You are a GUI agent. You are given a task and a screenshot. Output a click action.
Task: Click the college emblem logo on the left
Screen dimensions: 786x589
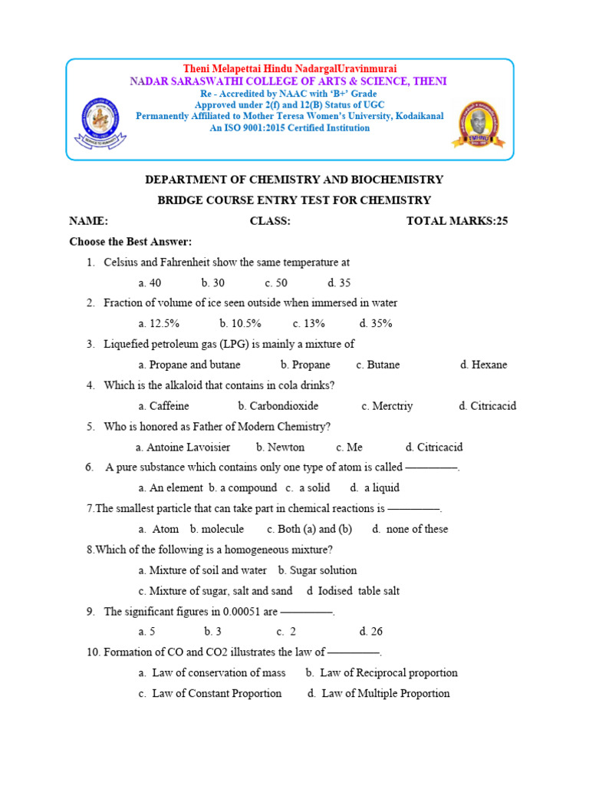[100, 122]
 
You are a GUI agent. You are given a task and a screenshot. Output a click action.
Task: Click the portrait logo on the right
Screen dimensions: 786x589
[482, 123]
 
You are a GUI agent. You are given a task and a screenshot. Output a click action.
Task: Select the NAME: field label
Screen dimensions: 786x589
[89, 221]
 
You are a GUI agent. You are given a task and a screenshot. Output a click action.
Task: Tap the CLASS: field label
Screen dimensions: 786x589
[270, 221]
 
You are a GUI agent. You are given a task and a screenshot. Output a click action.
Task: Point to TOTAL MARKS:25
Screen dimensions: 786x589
[457, 221]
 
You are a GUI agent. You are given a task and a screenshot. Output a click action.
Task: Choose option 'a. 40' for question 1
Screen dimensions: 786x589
[150, 283]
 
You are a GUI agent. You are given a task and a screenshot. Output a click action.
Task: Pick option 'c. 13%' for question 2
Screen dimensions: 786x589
[309, 324]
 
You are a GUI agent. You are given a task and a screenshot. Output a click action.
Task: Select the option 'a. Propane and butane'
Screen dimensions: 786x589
[189, 365]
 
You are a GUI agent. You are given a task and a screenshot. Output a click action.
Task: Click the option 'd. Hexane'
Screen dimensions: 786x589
[484, 365]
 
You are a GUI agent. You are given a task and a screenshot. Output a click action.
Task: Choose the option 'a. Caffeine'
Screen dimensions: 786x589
[164, 406]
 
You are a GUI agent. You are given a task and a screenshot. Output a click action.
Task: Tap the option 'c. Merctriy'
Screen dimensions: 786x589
[387, 406]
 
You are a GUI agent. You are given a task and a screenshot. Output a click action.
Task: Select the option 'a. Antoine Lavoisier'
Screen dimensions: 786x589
[183, 447]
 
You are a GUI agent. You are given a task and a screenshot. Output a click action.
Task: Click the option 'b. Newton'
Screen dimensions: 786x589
[281, 447]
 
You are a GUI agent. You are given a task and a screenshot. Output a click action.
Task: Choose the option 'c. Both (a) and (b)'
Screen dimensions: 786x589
[310, 529]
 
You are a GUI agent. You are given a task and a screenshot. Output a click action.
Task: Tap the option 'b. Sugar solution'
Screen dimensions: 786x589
[318, 570]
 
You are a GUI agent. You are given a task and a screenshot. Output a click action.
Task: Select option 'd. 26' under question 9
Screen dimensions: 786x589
[371, 632]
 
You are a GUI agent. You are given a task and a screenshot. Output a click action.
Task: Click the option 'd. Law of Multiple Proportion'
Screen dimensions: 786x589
[379, 693]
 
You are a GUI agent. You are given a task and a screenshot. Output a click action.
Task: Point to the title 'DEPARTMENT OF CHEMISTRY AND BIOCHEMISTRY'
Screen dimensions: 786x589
[294, 180]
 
